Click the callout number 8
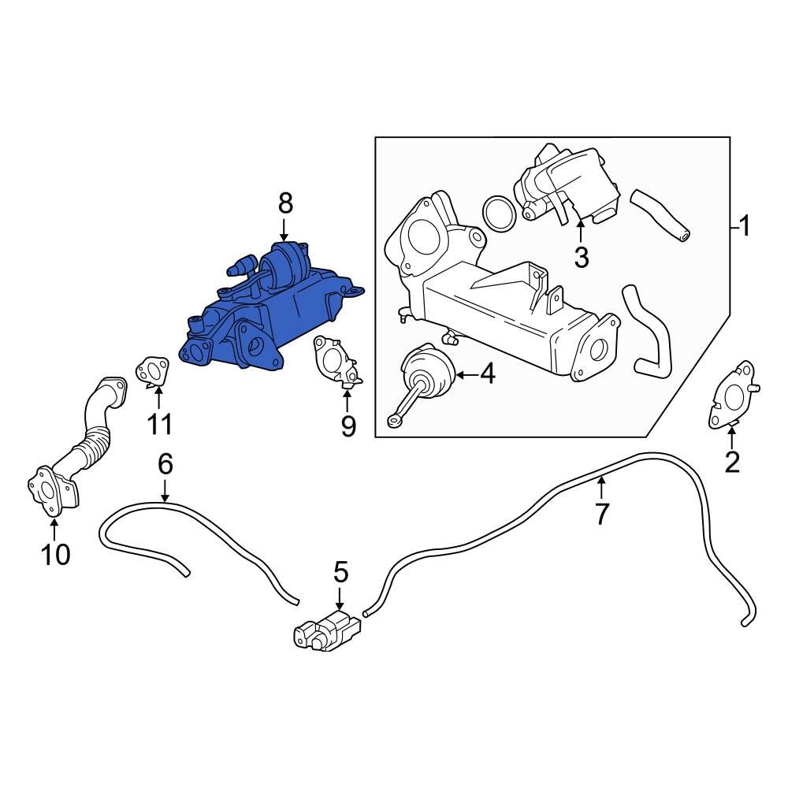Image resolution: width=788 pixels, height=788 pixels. click(284, 204)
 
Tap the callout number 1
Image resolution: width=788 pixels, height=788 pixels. click(742, 228)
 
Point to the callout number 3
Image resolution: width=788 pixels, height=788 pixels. click(581, 257)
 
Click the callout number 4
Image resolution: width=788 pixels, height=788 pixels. click(488, 374)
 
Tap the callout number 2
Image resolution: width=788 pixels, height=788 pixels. click(732, 463)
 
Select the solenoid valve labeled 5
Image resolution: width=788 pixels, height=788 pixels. click(327, 631)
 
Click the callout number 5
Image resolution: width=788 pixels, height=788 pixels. click(340, 572)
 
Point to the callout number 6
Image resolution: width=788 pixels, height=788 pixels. click(165, 464)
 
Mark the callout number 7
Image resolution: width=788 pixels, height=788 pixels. click(601, 515)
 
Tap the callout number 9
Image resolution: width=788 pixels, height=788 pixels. click(348, 426)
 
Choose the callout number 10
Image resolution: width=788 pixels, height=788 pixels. click(55, 555)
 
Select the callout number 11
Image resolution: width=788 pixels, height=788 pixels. click(159, 425)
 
